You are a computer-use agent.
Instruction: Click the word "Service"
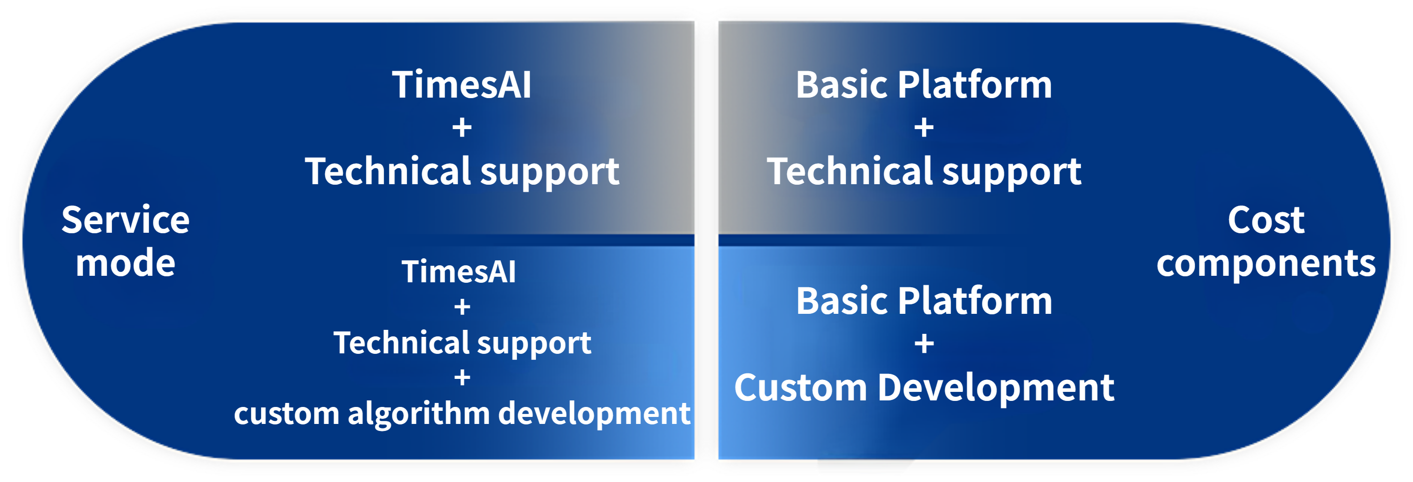click(125, 220)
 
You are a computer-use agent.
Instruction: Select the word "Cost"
click(1266, 220)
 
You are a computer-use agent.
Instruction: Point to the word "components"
click(1266, 264)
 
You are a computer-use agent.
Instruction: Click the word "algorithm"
click(418, 413)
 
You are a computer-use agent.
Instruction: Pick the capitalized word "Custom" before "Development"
click(801, 387)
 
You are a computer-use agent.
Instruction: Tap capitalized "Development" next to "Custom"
click(995, 387)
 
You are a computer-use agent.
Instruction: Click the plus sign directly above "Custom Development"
click(924, 344)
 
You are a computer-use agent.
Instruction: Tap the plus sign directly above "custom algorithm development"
click(462, 378)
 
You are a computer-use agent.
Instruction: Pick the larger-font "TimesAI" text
click(462, 85)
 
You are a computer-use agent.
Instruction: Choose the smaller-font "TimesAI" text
click(459, 272)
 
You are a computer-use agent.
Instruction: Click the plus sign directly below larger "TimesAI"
click(462, 128)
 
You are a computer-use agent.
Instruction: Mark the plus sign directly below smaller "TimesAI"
click(462, 307)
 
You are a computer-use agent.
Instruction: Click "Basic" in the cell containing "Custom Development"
click(842, 301)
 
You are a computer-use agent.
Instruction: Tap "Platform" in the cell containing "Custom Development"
click(974, 301)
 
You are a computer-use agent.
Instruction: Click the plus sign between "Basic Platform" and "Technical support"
click(924, 128)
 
